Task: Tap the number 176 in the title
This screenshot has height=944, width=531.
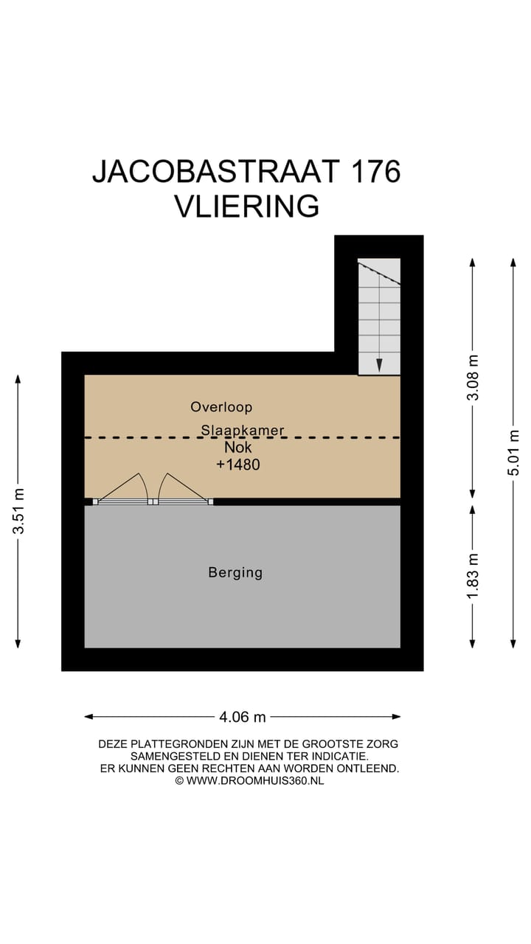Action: tap(375, 171)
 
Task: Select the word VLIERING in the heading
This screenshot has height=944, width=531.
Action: tap(246, 206)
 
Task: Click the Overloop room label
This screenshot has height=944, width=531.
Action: tap(221, 406)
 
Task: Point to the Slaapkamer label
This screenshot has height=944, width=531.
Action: tap(243, 430)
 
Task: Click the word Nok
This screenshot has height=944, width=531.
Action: tap(237, 447)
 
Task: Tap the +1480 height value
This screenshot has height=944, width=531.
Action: tap(237, 465)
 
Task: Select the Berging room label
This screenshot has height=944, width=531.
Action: tap(235, 572)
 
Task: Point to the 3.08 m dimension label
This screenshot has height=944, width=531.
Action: tap(473, 377)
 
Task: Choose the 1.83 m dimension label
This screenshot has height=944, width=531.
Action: tap(473, 576)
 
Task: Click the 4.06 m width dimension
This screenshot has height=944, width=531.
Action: tap(242, 717)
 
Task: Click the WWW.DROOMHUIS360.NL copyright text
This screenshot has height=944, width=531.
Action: tap(254, 780)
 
